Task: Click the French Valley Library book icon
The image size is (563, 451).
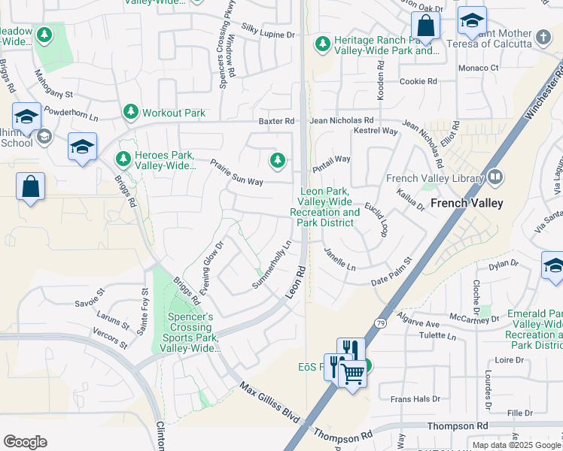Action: point(495,178)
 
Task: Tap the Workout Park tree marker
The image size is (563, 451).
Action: point(131,113)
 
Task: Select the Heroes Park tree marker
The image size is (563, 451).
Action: point(123,159)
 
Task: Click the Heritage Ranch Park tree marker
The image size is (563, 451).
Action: point(323,44)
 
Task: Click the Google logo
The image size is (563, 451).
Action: point(25,442)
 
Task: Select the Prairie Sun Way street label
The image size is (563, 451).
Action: point(236,172)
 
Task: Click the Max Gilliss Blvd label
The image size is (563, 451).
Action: point(270,403)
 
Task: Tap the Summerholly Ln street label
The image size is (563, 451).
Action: point(272,264)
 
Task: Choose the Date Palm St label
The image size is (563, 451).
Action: point(392,272)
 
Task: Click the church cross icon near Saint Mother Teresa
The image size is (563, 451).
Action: point(543,36)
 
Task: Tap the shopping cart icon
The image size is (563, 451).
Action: point(353,373)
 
